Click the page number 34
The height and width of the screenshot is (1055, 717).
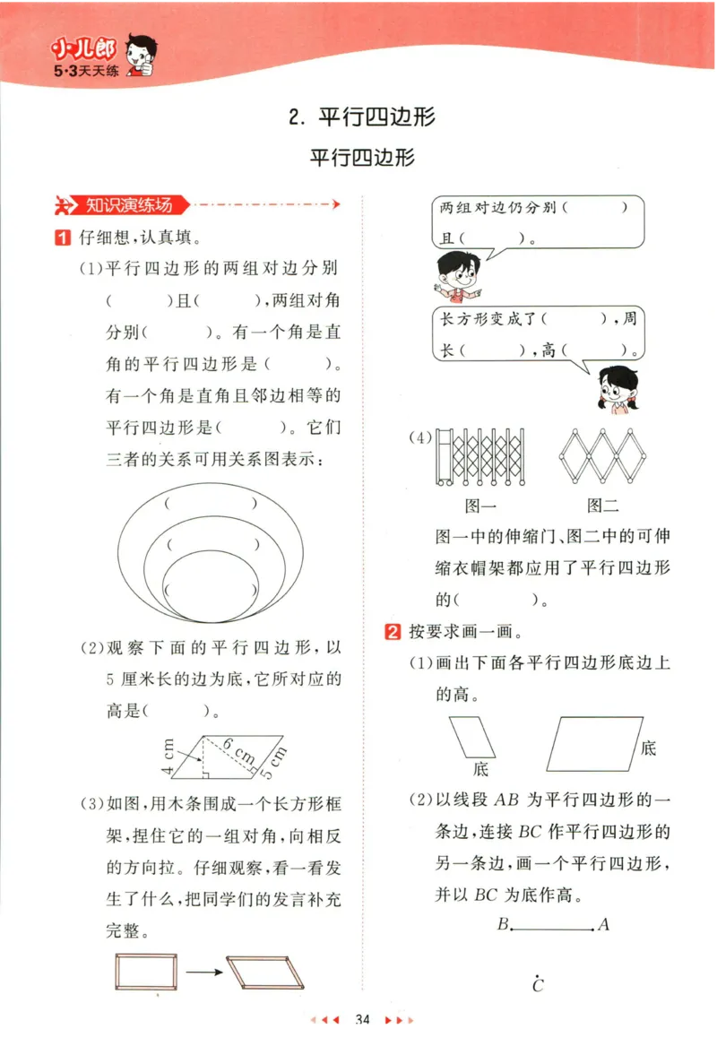click(362, 1019)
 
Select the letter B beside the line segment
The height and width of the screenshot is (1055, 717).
click(503, 924)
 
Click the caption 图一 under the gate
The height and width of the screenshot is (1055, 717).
click(480, 506)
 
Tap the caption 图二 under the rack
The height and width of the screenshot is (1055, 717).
click(603, 506)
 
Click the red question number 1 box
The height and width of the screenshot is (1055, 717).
click(62, 238)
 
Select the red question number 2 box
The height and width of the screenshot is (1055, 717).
click(392, 631)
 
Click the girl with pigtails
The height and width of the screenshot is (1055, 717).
click(618, 390)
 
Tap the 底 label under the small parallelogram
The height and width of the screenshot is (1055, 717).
click(481, 769)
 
